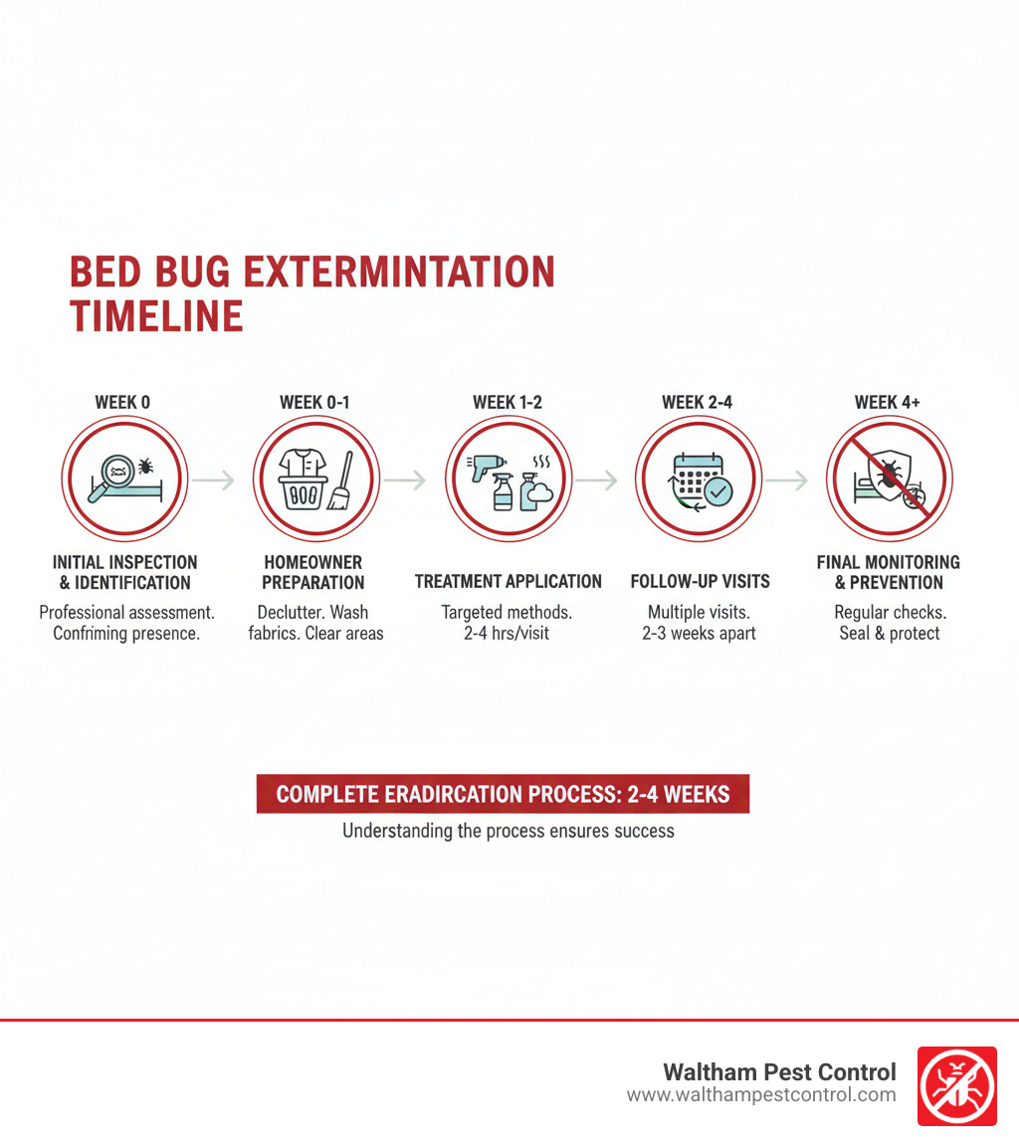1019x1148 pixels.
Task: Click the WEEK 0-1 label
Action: click(x=314, y=402)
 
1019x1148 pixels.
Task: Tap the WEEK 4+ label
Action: click(x=889, y=402)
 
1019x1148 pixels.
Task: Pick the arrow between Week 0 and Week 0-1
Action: click(x=213, y=480)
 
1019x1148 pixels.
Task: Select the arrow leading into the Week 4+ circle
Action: click(x=787, y=480)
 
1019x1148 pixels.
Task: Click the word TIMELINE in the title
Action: click(x=156, y=315)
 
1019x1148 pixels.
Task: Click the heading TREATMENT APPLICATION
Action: click(x=508, y=582)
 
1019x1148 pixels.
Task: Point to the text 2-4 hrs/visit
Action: click(x=508, y=634)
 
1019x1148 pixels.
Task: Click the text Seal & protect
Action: click(x=889, y=634)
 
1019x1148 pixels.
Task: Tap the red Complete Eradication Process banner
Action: click(x=503, y=795)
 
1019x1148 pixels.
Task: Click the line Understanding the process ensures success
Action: click(x=508, y=830)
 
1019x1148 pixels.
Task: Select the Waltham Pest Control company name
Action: click(x=779, y=1072)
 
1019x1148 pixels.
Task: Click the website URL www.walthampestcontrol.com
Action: click(x=761, y=1095)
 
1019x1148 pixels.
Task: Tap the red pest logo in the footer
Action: click(x=955, y=1085)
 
